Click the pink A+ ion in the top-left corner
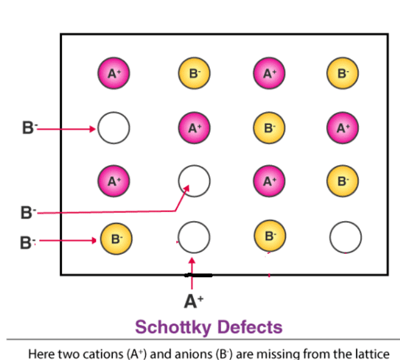coord(114,74)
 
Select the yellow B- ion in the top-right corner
coord(342,74)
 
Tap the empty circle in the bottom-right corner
coord(346,238)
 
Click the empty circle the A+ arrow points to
coord(194,238)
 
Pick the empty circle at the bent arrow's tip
coord(194,179)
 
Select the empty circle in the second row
coord(114,128)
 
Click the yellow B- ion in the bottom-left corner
coord(116,238)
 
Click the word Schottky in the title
coord(173,327)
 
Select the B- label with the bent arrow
coord(27,212)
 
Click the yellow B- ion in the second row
coord(269,128)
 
